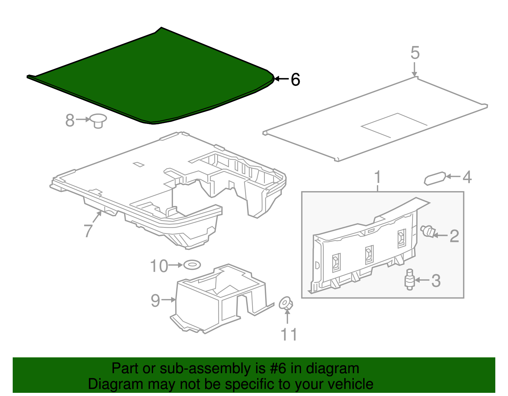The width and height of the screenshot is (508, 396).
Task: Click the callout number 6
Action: (295, 80)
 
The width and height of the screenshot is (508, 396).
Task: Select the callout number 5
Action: (415, 53)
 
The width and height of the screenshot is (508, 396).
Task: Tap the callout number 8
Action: (70, 120)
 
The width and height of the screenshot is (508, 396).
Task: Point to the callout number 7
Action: (88, 231)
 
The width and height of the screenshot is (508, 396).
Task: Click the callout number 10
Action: (159, 266)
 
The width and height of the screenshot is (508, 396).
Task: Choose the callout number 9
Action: (156, 300)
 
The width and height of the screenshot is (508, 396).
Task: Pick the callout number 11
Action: (289, 334)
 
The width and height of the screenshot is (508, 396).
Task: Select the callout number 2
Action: (454, 236)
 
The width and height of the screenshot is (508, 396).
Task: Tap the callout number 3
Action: (436, 281)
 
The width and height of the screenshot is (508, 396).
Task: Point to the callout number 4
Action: (467, 177)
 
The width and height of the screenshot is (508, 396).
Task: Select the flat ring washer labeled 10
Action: (192, 265)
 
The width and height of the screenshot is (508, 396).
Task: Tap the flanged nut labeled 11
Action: (286, 304)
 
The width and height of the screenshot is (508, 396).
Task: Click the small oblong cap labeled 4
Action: (435, 179)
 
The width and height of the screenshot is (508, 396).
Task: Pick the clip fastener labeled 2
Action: (428, 231)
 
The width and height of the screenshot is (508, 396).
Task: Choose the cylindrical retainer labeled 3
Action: (409, 280)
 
